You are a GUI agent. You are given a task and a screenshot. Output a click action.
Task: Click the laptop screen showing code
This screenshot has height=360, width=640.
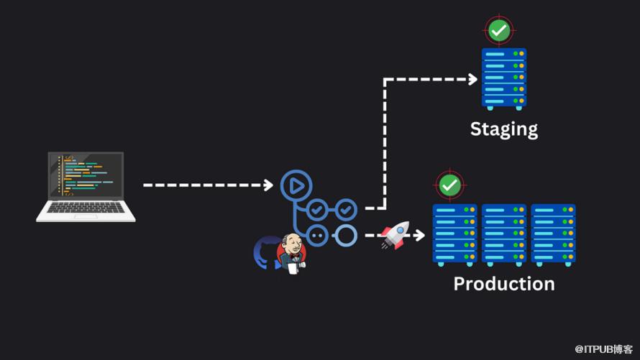86,176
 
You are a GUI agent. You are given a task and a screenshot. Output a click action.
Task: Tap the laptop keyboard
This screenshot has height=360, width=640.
86,208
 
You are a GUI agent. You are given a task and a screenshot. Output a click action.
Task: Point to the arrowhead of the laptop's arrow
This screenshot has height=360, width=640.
269,185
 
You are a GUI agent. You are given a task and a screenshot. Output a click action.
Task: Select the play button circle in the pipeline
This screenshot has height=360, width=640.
294,185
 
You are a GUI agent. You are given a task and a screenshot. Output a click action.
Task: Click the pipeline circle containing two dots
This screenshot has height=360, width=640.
318,235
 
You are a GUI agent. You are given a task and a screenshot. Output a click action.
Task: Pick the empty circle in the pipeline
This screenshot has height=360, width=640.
346,235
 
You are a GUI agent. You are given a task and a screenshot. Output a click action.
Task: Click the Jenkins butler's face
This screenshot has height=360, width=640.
291,246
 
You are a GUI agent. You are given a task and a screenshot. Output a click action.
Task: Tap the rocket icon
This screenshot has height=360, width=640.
394,234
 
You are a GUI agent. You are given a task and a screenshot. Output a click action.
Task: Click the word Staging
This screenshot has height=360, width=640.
503,129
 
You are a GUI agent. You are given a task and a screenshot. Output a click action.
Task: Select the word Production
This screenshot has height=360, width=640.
503,284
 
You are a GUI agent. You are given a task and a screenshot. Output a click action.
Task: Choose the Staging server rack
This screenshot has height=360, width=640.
503,78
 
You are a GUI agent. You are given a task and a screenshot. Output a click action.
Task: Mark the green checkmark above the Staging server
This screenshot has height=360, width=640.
499,30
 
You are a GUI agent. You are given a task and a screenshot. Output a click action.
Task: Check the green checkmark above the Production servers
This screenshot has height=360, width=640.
450,185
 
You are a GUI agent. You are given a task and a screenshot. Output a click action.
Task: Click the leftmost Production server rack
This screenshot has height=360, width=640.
454,234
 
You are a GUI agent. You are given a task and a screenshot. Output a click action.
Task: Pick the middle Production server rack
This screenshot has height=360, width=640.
503,234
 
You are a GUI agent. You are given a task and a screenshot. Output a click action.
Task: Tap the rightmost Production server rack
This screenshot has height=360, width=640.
552,234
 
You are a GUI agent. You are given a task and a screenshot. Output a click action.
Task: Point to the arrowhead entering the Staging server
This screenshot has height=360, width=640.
472,79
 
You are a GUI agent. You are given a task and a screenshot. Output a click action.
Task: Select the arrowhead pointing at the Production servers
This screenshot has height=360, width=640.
421,235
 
